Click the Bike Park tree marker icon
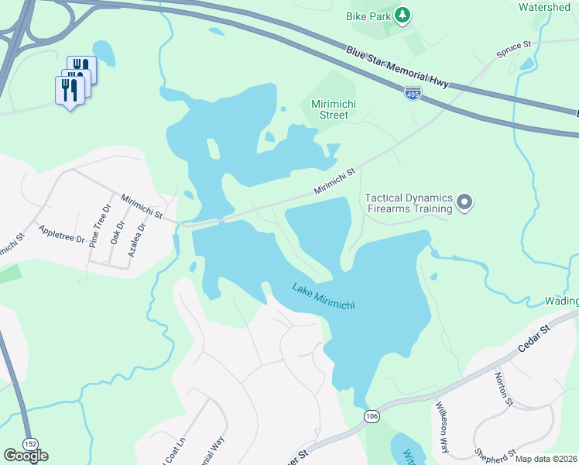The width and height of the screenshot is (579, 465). [x=402, y=15]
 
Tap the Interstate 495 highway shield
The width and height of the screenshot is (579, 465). [x=413, y=94]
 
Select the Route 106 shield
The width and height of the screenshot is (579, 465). [x=372, y=417]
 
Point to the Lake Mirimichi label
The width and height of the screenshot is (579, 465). [x=324, y=296]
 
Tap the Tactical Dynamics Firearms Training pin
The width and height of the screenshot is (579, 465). [x=464, y=203]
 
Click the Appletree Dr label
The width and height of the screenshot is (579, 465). [x=61, y=235]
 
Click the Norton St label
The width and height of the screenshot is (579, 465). [x=504, y=388]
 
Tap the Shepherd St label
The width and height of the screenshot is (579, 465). [x=496, y=455]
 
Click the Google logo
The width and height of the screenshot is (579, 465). [x=26, y=456]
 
